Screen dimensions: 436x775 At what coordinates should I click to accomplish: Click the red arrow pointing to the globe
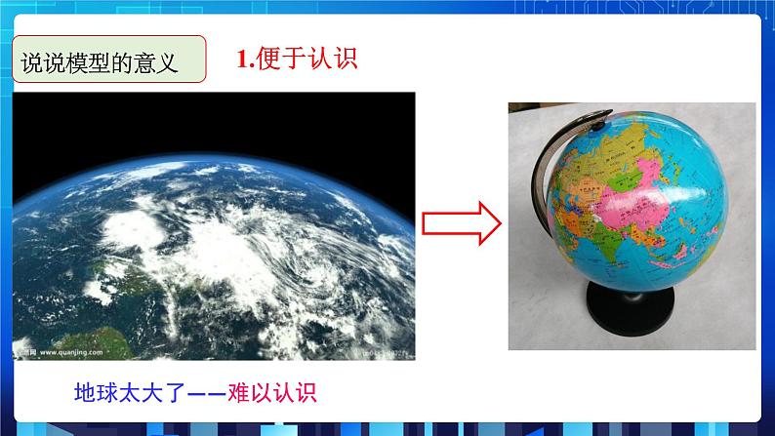[x=461, y=224]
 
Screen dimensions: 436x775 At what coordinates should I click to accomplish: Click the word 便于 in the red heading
[x=279, y=60]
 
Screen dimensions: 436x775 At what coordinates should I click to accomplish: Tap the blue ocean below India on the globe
[x=610, y=283]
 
